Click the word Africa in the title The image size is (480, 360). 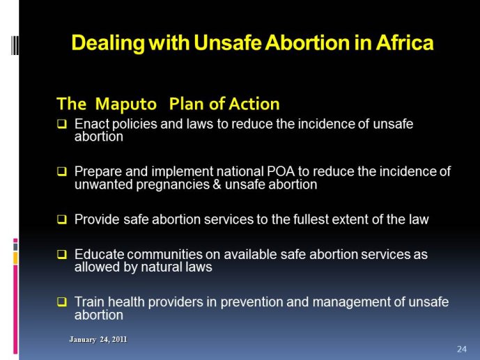(405, 42)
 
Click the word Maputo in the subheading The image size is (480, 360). (126, 104)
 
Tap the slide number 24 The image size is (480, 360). (462, 349)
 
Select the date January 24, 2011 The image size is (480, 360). (98, 339)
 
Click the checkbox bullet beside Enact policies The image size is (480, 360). (62, 124)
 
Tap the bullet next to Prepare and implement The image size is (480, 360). (62, 171)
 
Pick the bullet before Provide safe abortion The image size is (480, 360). (62, 219)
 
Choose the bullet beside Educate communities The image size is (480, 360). (62, 254)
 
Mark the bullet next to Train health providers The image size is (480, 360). (62, 302)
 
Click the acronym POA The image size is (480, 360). (281, 171)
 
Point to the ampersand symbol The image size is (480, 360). (217, 185)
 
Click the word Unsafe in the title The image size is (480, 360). (228, 42)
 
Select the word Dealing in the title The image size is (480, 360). (108, 42)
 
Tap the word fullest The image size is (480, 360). (307, 219)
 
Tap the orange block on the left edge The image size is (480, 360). (15, 258)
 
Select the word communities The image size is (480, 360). (164, 254)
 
